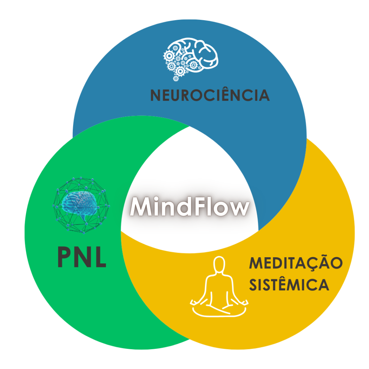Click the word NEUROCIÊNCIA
tap(210, 95)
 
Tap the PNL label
tap(82, 257)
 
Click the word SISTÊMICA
tap(289, 285)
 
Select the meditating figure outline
tap(219, 288)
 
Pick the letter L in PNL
tap(101, 257)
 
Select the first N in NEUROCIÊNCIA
tap(156, 95)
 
